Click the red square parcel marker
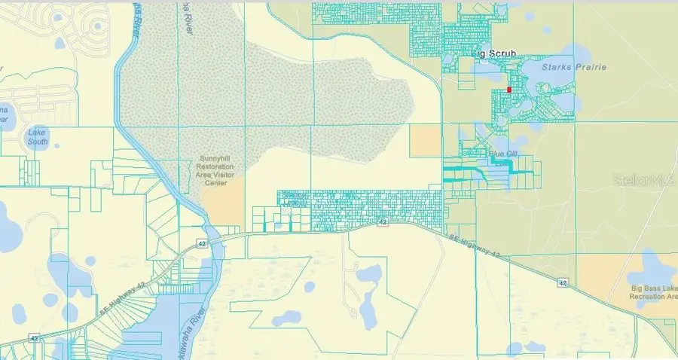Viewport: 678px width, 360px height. click(x=509, y=90)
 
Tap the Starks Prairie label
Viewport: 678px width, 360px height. click(x=566, y=68)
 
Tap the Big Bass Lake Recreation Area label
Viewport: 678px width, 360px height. click(x=652, y=291)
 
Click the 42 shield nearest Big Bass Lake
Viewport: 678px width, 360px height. click(x=563, y=282)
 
